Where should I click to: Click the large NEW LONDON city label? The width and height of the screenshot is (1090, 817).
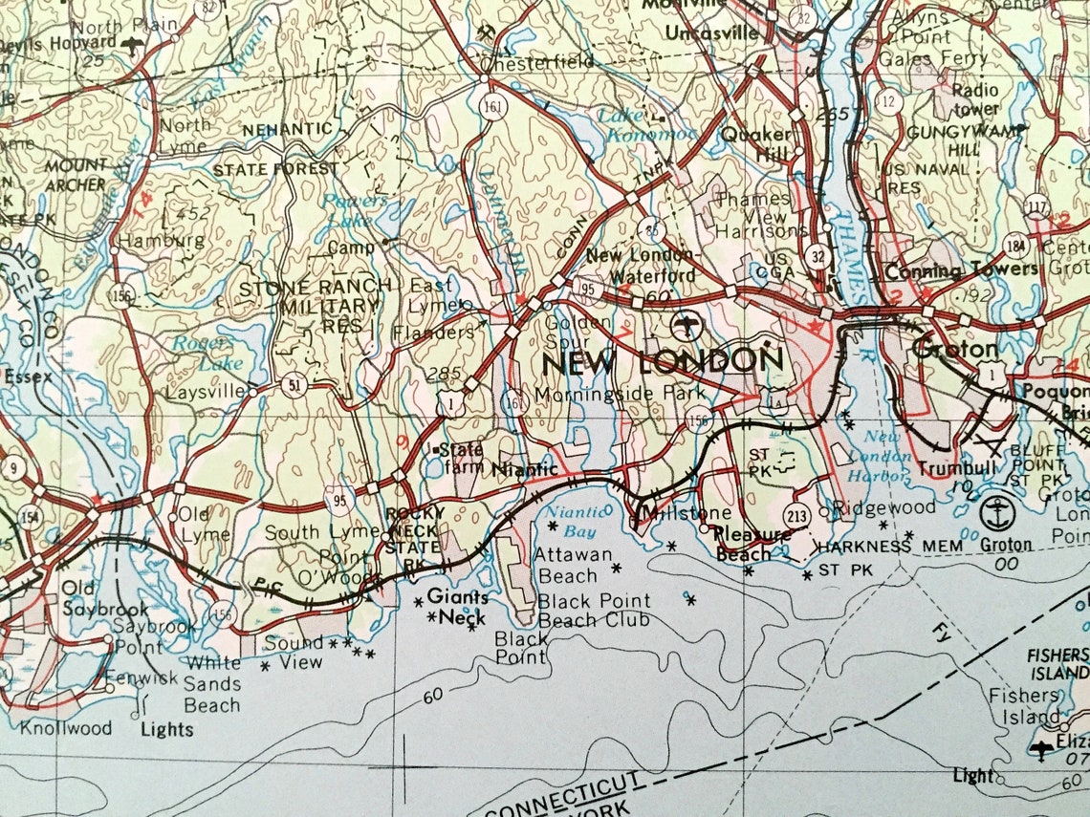pos(662,361)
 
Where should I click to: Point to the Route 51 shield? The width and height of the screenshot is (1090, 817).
pos(293,385)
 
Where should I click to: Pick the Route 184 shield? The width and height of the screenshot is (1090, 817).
pos(1015,246)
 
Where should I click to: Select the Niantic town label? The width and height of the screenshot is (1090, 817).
pos(524,469)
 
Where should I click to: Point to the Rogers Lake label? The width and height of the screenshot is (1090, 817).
pos(199,351)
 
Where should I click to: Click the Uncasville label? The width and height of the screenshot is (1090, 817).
pos(711,32)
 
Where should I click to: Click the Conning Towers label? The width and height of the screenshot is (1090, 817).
pos(962,270)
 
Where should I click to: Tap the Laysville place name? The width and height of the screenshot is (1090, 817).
pos(206,392)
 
